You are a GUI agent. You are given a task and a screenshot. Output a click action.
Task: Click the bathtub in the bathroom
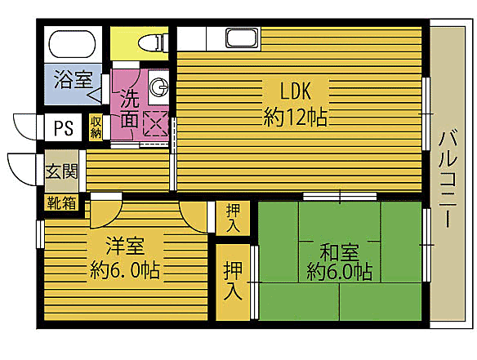coord(73,43)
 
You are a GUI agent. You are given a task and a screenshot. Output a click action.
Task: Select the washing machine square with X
coord(155,123)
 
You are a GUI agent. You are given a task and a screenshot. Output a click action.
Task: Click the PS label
coord(63,128)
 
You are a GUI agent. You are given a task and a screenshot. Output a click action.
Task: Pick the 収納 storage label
coord(96,127)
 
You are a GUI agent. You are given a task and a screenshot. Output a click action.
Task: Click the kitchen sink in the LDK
coord(241,38)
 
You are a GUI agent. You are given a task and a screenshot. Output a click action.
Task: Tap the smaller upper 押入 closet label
coord(233,219)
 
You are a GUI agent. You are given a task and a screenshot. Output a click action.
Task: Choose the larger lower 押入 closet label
coord(233,280)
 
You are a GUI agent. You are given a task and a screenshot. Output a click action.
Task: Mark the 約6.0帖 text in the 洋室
coord(125,269)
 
